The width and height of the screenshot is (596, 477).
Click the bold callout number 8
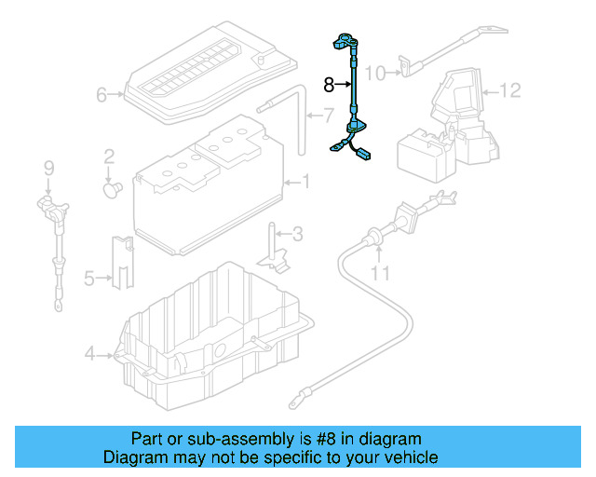point(329,85)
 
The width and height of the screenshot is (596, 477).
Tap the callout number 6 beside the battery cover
point(102,95)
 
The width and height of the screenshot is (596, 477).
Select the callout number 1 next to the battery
point(306,182)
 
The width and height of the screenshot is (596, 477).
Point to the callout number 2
point(109,157)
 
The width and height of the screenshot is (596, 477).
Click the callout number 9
point(49,168)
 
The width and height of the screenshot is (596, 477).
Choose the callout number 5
point(89,279)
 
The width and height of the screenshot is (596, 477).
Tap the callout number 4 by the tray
point(89,354)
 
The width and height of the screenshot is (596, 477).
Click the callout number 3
point(298,235)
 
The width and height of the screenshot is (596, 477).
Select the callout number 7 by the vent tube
point(329,116)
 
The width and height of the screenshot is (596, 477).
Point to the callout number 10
point(375,74)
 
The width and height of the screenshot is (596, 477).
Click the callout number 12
point(509,90)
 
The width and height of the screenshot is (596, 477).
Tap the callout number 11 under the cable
point(380,273)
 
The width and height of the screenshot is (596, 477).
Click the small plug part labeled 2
point(112,189)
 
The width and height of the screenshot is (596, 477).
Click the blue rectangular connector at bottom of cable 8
point(362,155)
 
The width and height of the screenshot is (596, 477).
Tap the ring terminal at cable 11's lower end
point(295,402)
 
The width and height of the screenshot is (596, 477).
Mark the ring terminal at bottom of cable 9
point(58,305)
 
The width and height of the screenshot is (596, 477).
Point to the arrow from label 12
point(490,92)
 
